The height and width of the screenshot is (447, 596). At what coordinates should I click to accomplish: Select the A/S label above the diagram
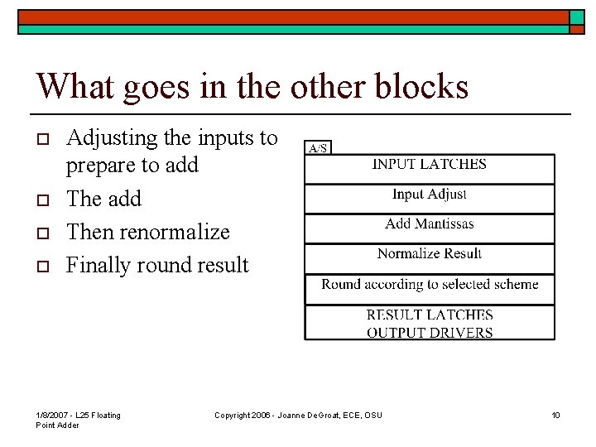(x=318, y=148)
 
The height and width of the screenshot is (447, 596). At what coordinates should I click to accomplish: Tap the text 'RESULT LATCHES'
(x=430, y=315)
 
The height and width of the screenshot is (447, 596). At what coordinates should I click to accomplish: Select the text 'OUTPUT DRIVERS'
(x=430, y=333)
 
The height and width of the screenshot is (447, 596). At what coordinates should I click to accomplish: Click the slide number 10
(x=555, y=415)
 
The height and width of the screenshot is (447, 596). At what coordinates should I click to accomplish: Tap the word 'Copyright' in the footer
(x=233, y=415)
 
